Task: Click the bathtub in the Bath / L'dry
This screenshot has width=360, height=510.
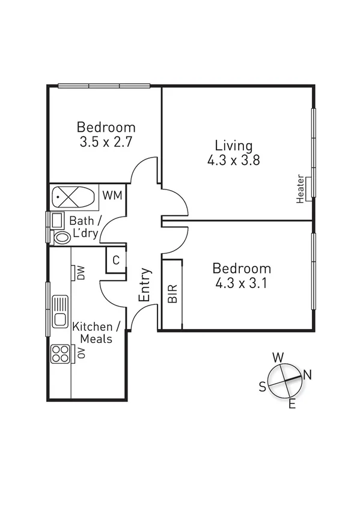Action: click(73, 197)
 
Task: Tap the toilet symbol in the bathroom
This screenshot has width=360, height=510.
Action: click(61, 237)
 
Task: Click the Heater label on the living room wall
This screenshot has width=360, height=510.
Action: click(300, 189)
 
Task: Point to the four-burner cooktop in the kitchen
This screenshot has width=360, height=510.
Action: click(60, 353)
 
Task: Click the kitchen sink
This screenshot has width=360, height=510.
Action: click(60, 310)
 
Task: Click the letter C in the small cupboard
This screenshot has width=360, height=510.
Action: click(116, 260)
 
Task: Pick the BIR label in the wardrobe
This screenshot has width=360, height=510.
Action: click(172, 294)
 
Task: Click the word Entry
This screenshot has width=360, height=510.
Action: click(145, 285)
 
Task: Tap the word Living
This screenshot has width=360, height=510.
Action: click(234, 146)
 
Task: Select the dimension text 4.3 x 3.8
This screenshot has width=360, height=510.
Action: click(233, 161)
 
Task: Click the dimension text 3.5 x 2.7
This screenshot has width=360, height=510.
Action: click(106, 143)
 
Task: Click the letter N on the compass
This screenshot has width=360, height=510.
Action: click(307, 375)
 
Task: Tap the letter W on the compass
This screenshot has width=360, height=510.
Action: click(278, 357)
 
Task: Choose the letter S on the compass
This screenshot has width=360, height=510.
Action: click(262, 387)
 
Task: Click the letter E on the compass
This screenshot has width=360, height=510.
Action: click(292, 404)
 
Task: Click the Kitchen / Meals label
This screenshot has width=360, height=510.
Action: click(96, 333)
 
